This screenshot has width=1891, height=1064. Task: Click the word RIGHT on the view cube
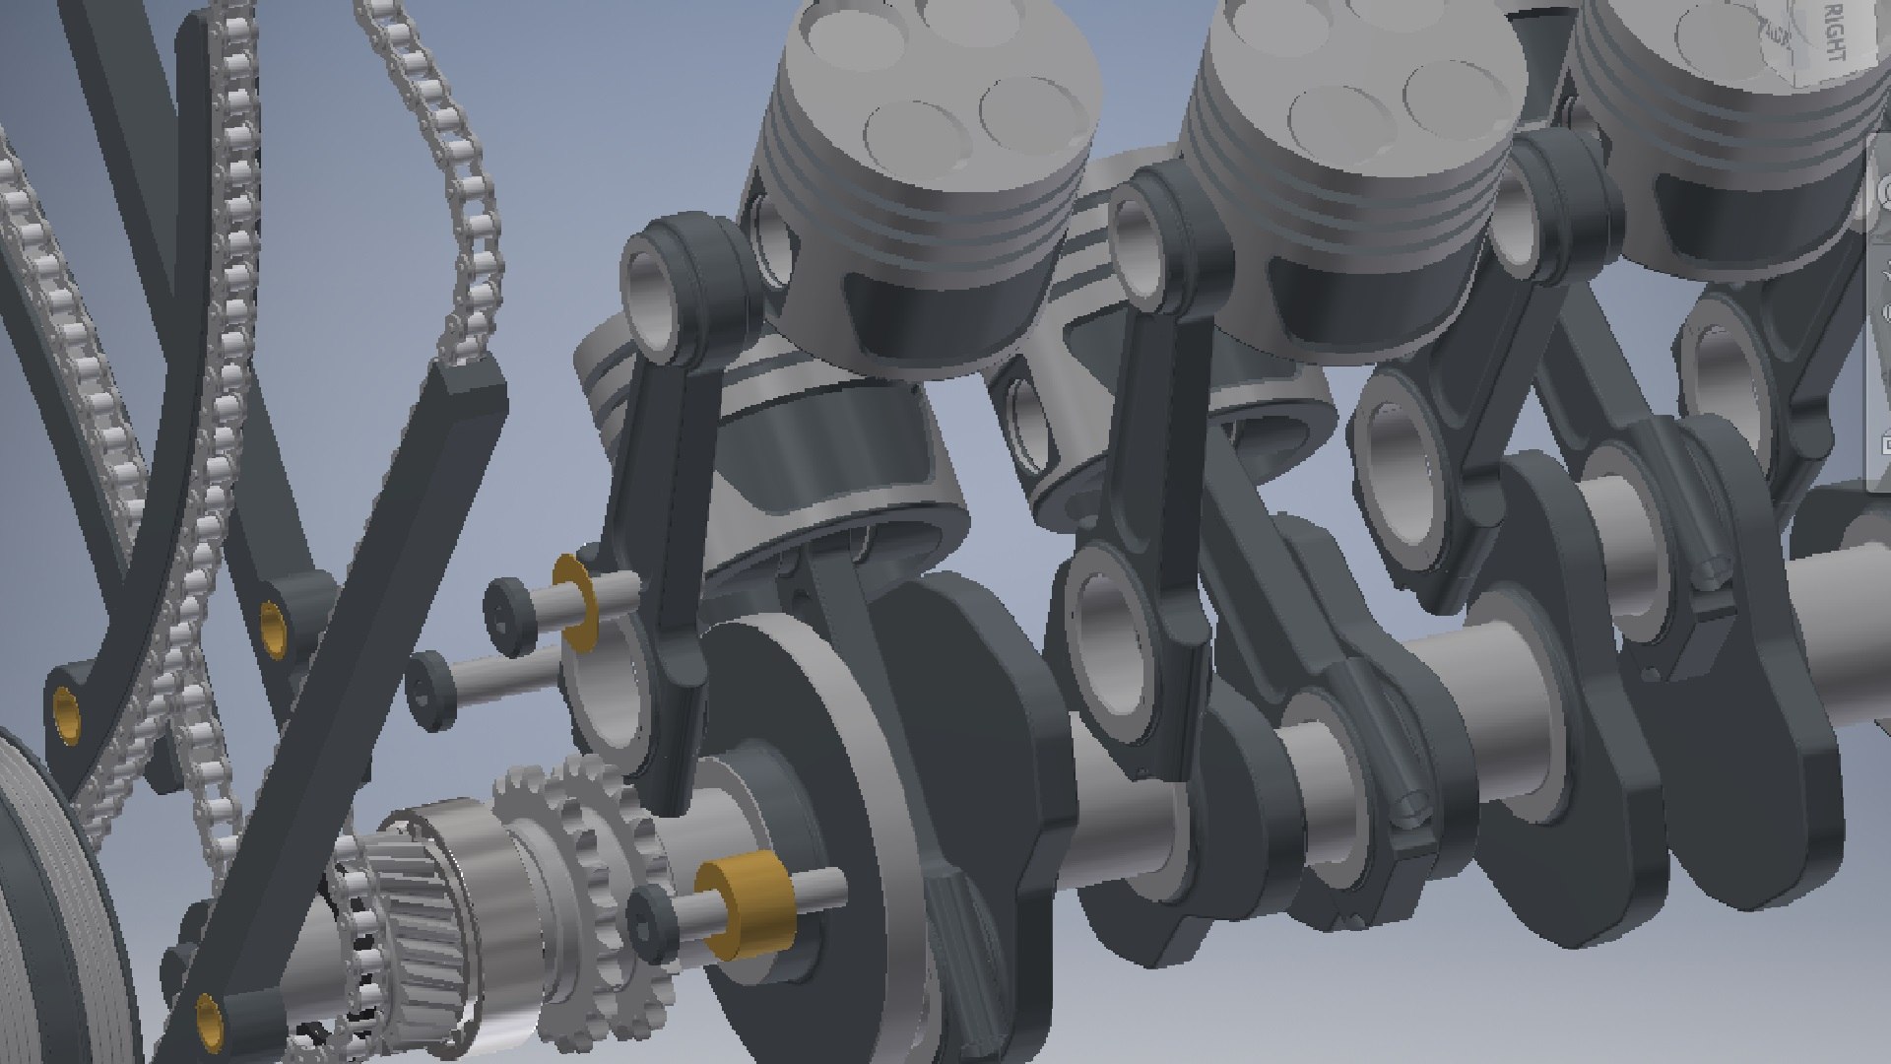pyautogui.click(x=1834, y=33)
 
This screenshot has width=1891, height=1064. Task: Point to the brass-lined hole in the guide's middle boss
pyautogui.click(x=271, y=621)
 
